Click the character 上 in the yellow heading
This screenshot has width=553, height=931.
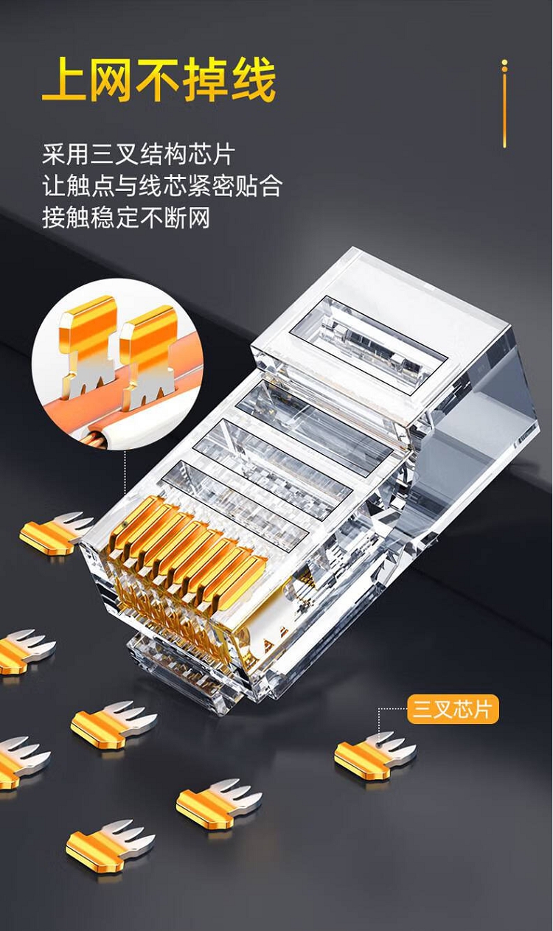[x=64, y=79]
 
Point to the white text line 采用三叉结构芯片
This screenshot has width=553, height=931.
[x=139, y=155]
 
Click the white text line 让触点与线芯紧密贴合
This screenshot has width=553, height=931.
[x=162, y=186]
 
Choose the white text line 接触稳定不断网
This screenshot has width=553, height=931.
[x=126, y=217]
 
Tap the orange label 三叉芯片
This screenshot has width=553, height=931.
[x=453, y=709]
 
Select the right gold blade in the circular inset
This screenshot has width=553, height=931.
[x=150, y=357]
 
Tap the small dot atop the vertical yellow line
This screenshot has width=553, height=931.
[x=505, y=63]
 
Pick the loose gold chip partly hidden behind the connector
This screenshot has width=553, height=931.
[x=56, y=533]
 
